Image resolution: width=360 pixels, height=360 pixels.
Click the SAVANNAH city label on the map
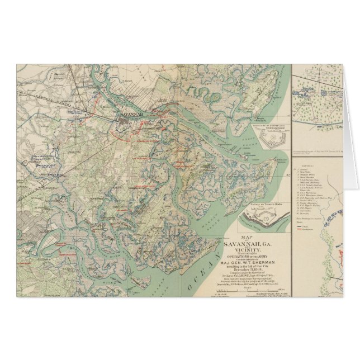coord(127,112)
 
